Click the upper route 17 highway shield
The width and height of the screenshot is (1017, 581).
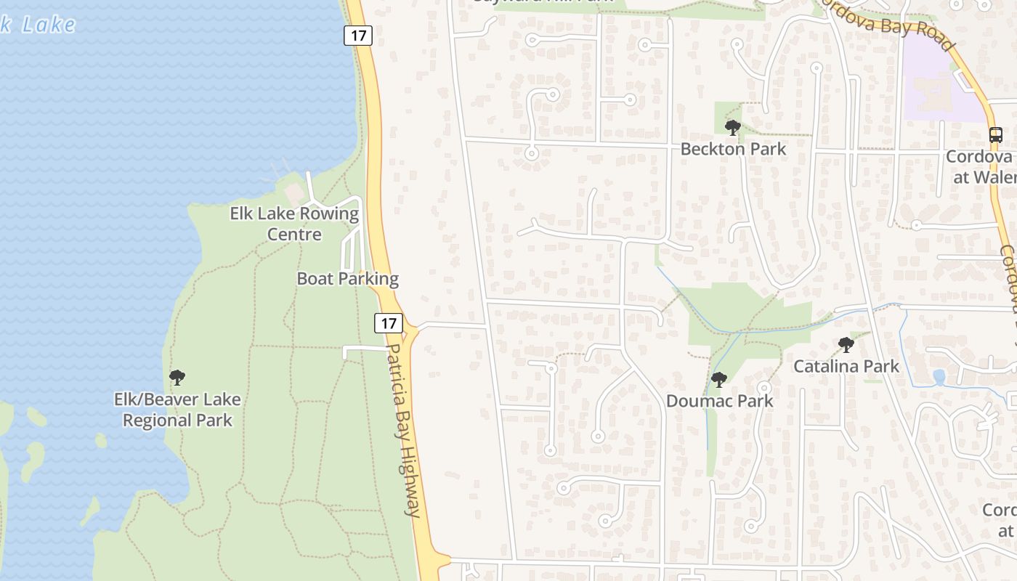click(x=358, y=35)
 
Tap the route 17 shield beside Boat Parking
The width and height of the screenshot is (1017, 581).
click(x=389, y=322)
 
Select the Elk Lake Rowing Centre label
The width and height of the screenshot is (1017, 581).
click(x=294, y=224)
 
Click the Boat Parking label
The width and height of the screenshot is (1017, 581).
click(x=347, y=279)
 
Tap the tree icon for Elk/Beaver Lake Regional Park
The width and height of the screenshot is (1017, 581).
click(x=177, y=378)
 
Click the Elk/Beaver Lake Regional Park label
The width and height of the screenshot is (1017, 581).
click(x=177, y=410)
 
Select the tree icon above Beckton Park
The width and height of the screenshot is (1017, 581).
click(x=732, y=128)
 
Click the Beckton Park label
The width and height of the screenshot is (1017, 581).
click(x=733, y=149)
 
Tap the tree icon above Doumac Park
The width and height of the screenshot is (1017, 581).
click(x=718, y=379)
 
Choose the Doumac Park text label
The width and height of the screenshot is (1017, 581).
click(x=719, y=401)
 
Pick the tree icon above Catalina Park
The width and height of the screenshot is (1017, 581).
click(x=846, y=345)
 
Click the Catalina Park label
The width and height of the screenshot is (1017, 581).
click(x=846, y=366)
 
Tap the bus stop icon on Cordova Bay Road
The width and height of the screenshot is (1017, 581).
click(x=995, y=135)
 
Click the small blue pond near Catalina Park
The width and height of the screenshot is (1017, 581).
click(x=939, y=377)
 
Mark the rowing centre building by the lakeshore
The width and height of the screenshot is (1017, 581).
click(x=293, y=192)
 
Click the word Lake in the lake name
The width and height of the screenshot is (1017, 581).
click(x=48, y=24)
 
